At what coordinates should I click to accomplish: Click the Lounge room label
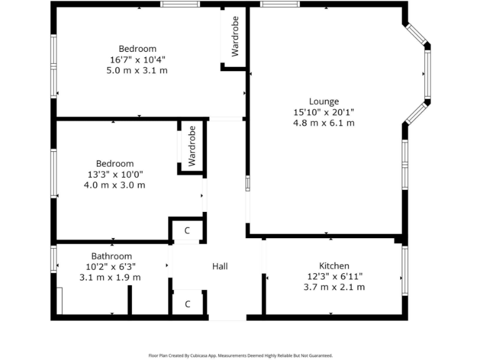(x=324, y=101)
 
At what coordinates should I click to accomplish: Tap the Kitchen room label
(x=334, y=266)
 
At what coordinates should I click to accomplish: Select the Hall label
(x=219, y=266)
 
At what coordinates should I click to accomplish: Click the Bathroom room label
(x=111, y=256)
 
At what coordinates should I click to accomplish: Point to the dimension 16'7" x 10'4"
(x=137, y=59)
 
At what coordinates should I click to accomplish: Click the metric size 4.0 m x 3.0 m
(x=114, y=185)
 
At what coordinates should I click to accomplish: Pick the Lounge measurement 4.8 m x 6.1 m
(x=324, y=123)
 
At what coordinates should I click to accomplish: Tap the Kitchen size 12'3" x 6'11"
(x=334, y=276)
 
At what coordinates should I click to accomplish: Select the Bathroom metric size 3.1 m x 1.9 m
(x=110, y=277)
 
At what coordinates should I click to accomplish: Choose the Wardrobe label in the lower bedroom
(x=192, y=146)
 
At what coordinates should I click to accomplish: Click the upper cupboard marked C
(x=187, y=231)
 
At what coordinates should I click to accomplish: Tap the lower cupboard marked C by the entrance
(x=187, y=304)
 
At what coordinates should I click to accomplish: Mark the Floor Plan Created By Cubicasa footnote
(x=240, y=355)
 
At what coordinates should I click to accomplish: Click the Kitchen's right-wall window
(x=405, y=270)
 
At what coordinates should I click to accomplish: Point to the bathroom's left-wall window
(x=54, y=259)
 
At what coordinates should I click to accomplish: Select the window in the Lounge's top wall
(x=279, y=4)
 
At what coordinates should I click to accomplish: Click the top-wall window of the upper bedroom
(x=180, y=4)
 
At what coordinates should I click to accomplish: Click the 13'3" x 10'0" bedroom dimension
(x=114, y=174)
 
